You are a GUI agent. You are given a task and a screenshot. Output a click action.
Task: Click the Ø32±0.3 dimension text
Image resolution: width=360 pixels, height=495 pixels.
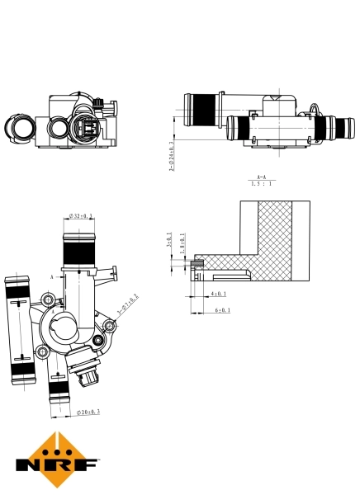point(81,216)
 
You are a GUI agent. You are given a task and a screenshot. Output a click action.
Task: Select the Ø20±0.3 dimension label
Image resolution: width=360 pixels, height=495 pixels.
point(88,411)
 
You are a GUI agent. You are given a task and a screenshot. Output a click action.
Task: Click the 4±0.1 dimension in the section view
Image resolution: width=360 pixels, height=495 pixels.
point(218,293)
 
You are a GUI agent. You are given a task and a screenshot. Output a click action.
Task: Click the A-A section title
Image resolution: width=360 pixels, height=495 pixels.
point(261,177)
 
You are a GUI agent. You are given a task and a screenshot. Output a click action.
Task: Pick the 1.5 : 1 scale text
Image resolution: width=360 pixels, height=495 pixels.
point(262,184)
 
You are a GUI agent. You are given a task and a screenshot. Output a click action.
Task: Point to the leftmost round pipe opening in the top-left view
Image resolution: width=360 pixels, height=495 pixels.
point(19,127)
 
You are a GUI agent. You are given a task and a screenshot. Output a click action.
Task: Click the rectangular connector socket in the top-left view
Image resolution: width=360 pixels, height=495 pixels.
point(86,130)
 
